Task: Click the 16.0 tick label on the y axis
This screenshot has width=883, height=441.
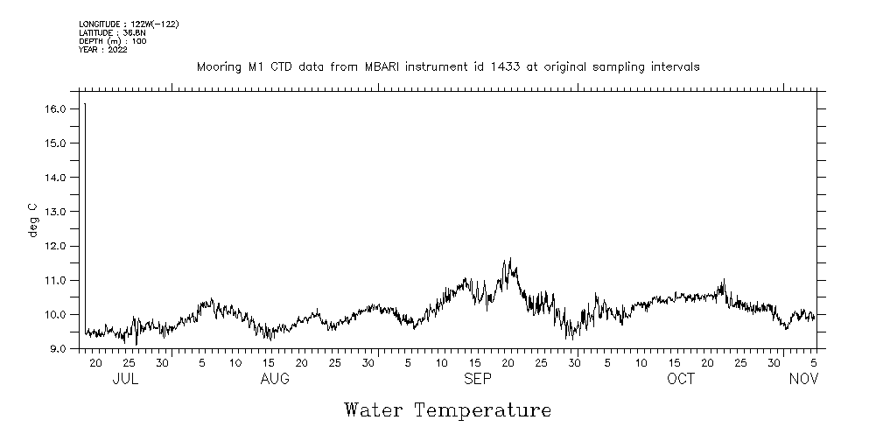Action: coord(55,108)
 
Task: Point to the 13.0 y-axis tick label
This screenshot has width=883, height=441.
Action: coord(55,212)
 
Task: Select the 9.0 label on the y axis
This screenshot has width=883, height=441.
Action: coord(58,349)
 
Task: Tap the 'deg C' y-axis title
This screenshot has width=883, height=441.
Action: coord(33,220)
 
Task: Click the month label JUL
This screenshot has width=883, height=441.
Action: coord(125,379)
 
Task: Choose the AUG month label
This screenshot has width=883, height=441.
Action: coord(275,379)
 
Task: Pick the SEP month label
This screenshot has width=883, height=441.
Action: coord(478,379)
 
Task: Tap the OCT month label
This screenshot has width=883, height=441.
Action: coord(681,379)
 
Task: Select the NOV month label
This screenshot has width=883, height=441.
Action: coord(803,379)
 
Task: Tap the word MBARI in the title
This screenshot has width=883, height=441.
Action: coord(378,66)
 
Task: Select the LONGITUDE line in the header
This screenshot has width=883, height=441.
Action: coord(129,24)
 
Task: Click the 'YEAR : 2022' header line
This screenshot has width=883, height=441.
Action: coord(103,50)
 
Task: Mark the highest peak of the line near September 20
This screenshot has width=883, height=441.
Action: coord(508,259)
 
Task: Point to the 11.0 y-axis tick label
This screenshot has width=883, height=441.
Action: coord(55,280)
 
